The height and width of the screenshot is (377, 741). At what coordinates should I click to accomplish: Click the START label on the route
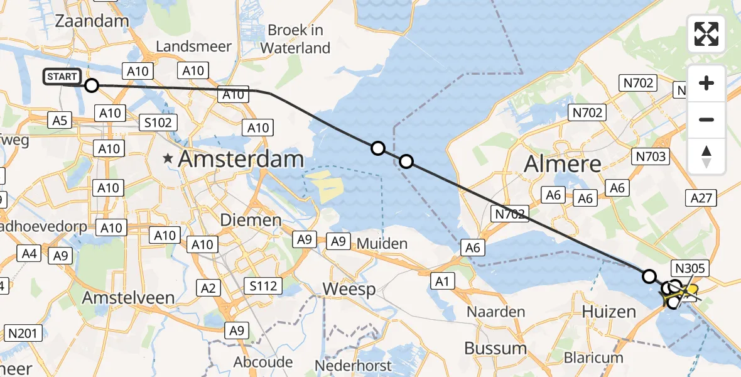point(62,77)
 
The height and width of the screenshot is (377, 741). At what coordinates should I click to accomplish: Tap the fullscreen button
point(706,34)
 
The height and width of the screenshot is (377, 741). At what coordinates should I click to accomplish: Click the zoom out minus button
point(706,119)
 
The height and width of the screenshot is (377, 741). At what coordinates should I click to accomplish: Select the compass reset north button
point(706,156)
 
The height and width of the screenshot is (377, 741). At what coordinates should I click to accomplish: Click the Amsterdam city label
point(241,159)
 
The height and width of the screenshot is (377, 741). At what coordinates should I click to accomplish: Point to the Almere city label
point(562,165)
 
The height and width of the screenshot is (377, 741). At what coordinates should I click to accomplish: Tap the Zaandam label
point(92,21)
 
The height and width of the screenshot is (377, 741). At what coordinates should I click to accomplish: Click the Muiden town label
point(382,243)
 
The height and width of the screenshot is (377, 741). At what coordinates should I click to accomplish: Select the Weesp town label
point(349,289)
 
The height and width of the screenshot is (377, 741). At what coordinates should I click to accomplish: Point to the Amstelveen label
point(131,297)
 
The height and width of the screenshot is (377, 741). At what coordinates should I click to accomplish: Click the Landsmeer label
point(193,46)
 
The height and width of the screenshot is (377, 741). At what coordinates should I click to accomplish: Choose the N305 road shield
point(690,269)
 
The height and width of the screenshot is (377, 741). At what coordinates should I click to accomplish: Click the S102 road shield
point(158,122)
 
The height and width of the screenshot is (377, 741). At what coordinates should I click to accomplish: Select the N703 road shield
point(651,157)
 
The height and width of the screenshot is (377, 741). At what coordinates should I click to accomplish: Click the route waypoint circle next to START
point(92,85)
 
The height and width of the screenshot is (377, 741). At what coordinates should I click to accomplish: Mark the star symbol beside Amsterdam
point(168,159)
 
